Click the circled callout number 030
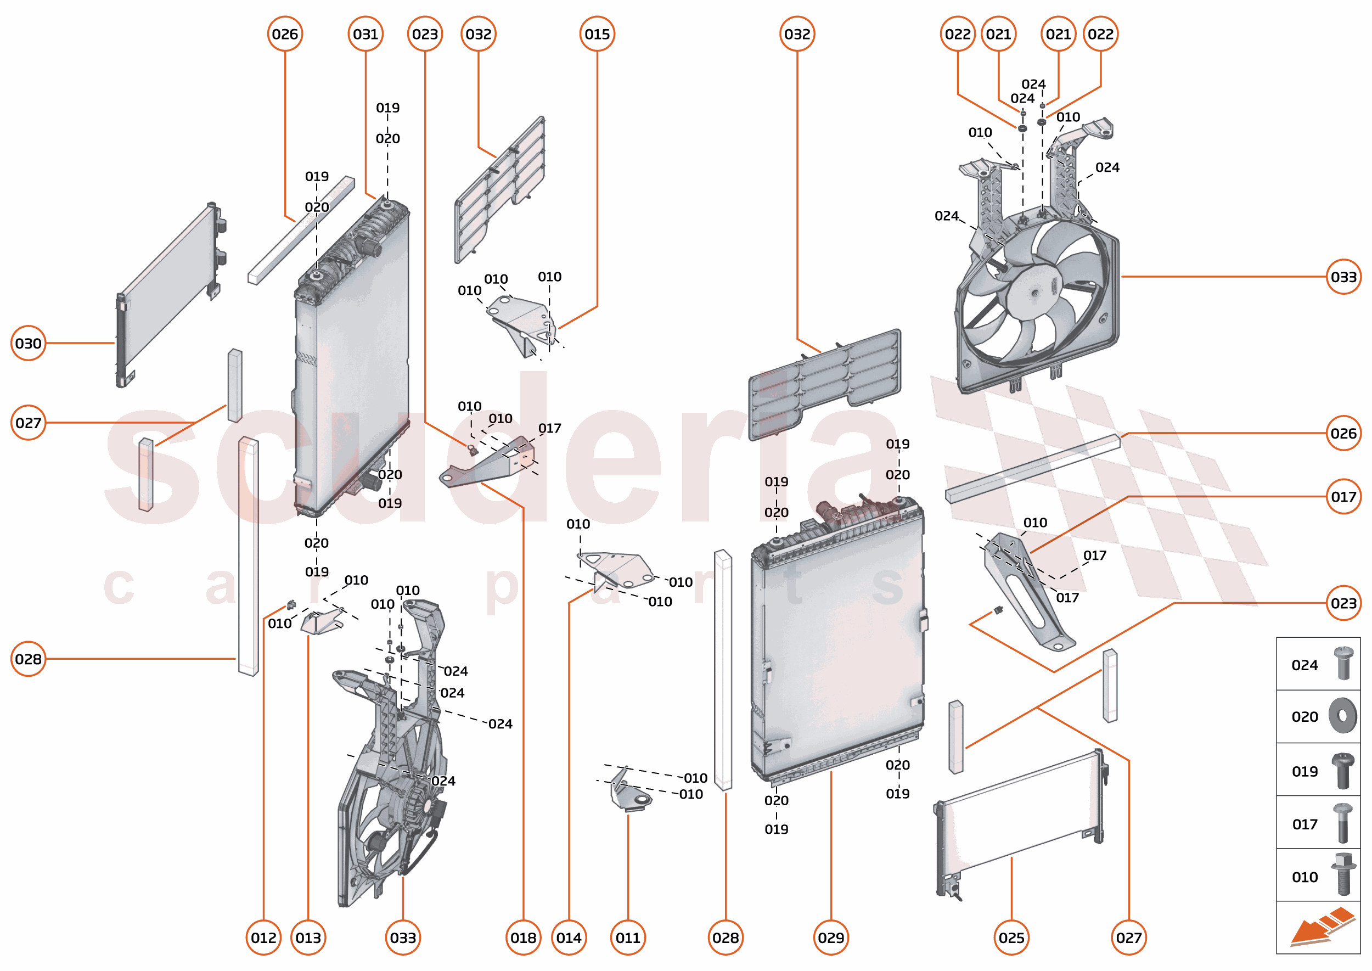coord(28,343)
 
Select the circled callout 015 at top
coord(597,34)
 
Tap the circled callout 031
coord(366,34)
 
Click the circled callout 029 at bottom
coord(830,938)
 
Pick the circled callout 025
coord(1011,938)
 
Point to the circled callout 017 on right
coord(1343,496)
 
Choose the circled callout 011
coord(628,938)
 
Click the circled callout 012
coord(263,938)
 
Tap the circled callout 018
coord(523,938)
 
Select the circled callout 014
coord(569,938)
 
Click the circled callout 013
coord(308,938)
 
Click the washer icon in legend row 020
coord(1342,716)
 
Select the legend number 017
coord(1304,824)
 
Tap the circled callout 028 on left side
coord(28,659)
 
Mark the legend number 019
coord(1304,771)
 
